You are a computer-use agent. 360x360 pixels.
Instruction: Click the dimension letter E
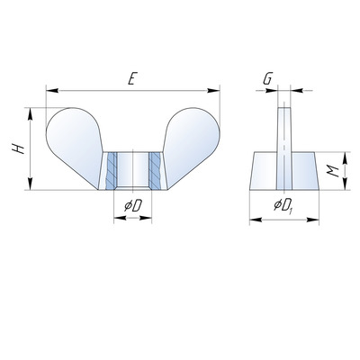(x=130, y=78)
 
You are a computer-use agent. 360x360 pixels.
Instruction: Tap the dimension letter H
(x=18, y=148)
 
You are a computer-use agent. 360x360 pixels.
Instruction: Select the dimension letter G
(x=267, y=79)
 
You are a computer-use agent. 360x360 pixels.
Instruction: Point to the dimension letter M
(x=333, y=171)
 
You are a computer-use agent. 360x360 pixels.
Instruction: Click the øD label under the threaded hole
(x=133, y=206)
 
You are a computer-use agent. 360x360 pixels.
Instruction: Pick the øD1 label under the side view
(x=283, y=206)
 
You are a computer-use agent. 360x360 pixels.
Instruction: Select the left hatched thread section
(x=112, y=170)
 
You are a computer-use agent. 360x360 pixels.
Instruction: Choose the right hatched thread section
(x=155, y=170)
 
